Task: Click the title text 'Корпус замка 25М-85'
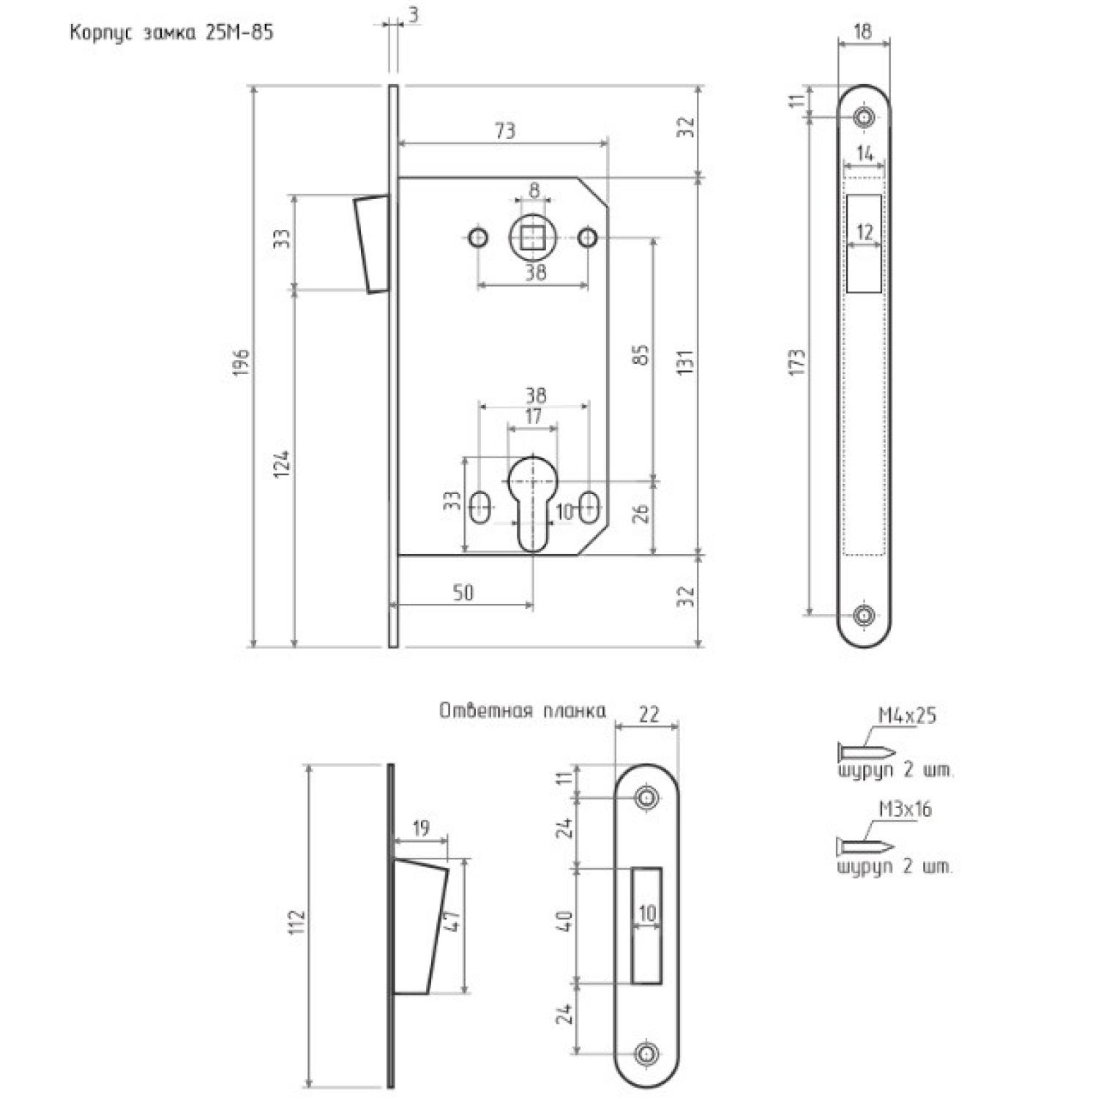(x=171, y=33)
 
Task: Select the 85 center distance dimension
(x=640, y=356)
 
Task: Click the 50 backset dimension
(x=463, y=593)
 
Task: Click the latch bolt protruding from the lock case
(x=371, y=244)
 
